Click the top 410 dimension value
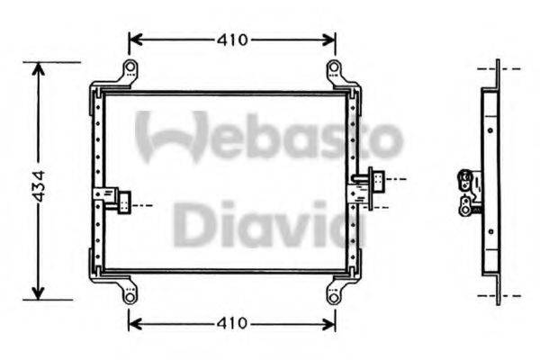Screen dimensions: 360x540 [232, 40]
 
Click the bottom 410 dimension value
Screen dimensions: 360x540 [232, 321]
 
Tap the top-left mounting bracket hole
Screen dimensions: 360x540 [130, 68]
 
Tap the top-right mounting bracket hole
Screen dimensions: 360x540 [334, 68]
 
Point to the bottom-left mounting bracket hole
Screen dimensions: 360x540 [130, 294]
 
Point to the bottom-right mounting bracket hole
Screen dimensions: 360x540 [334, 294]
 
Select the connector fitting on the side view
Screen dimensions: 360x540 [467, 191]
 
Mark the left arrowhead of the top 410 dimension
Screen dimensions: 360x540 [133, 40]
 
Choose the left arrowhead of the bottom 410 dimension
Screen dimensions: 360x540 [133, 321]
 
